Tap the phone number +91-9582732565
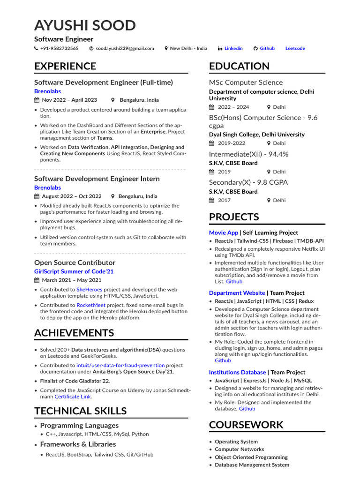pos(59,48)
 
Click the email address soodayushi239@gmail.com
pos(125,48)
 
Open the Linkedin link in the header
pos(233,48)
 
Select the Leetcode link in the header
pos(295,48)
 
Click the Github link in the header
pos(267,48)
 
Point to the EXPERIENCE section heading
pos(65,66)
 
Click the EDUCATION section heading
pos(239,66)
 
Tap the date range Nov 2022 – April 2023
pos(69,100)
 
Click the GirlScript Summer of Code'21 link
pos(74,271)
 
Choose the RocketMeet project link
pos(92,305)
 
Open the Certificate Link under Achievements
pos(73,397)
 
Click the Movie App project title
pos(224,232)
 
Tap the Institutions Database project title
pos(237,372)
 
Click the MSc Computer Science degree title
pos(246,82)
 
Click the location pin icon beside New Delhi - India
pos(166,48)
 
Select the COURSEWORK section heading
pos(246,425)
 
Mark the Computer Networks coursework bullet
pos(239,449)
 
